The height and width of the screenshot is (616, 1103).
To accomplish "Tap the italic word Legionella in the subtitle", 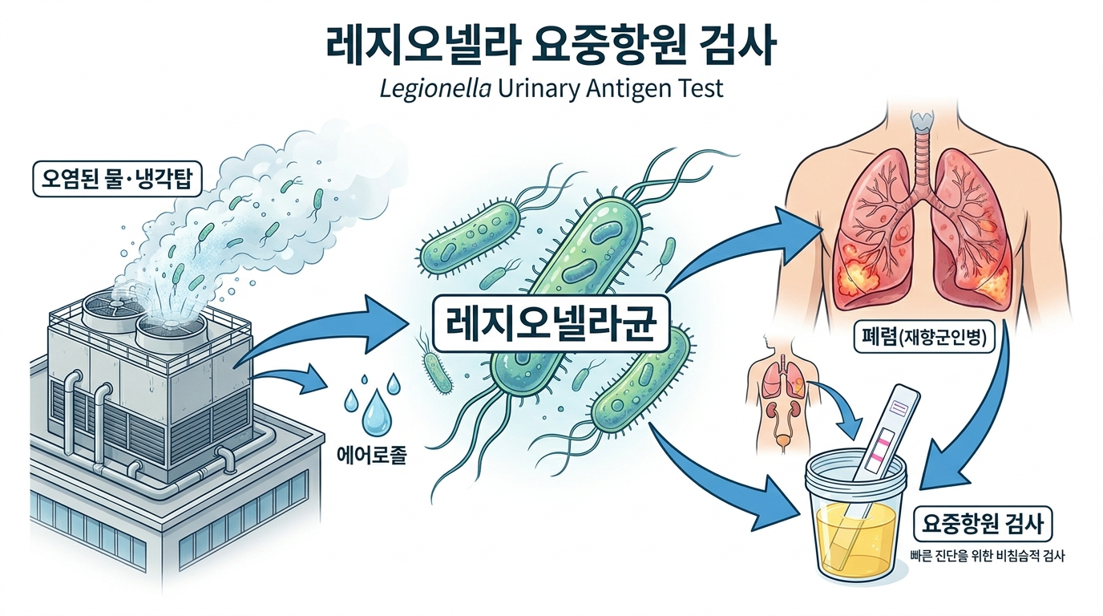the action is point(435,89).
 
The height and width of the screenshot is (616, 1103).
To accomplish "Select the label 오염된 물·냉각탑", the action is point(117,179).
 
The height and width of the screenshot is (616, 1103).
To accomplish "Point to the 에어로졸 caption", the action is point(373,455).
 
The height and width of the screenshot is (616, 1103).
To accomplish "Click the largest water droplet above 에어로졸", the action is point(374,412).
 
